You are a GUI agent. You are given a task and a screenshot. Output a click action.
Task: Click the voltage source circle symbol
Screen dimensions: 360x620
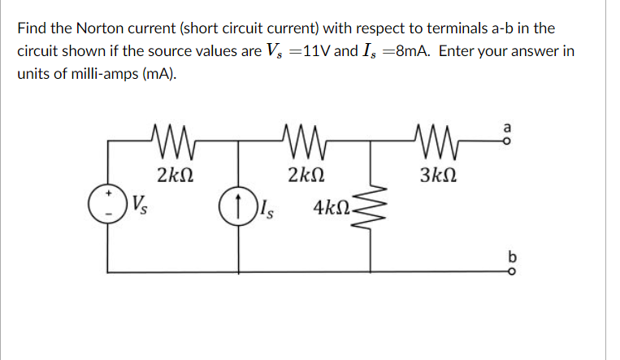coord(108,202)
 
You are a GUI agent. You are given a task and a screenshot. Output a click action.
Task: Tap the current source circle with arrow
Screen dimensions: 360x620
coord(236,203)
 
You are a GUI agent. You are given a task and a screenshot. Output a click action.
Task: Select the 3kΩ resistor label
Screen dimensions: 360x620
coord(438,173)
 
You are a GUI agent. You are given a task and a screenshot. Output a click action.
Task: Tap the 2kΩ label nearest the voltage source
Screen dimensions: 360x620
coord(176,173)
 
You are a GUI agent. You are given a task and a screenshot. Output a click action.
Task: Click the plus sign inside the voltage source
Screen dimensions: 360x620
coord(108,195)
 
